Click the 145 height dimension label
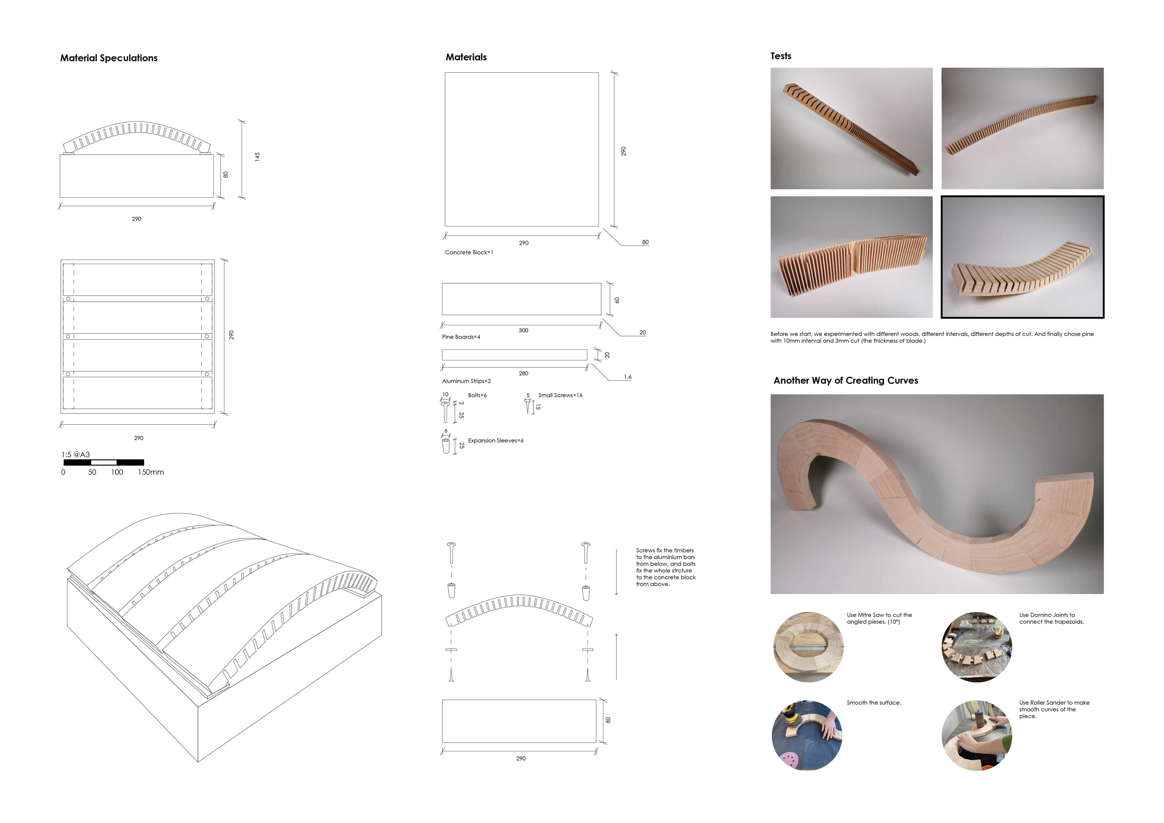257,156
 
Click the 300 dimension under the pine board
523,330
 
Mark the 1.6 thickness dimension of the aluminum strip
628,377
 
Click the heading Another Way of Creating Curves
846,381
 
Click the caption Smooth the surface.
874,703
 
